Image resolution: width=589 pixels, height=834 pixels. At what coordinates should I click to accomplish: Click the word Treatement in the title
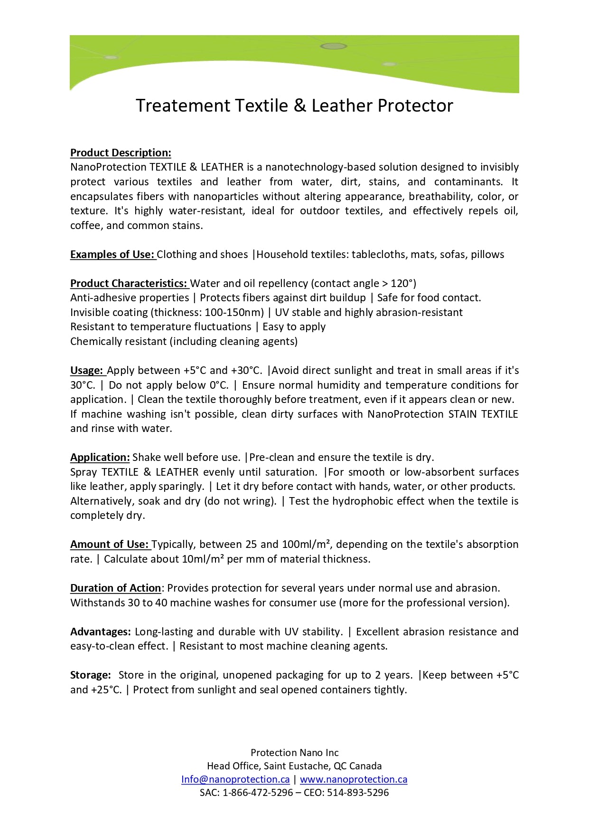click(183, 105)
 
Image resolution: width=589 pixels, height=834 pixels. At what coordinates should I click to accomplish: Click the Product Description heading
click(121, 153)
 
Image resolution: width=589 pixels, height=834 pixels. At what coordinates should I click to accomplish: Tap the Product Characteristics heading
click(129, 283)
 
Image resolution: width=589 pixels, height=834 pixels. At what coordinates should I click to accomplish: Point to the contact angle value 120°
click(403, 283)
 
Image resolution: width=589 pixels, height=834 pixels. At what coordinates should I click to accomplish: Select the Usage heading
click(87, 370)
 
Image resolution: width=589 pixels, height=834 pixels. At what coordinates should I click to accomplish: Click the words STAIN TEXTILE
click(483, 414)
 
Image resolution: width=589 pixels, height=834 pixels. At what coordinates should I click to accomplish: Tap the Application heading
click(100, 457)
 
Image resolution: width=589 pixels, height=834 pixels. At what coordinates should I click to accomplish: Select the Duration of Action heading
click(116, 588)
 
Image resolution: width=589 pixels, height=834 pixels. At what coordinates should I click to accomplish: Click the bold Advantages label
click(100, 632)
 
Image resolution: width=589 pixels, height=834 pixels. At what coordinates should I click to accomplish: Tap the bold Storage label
click(90, 675)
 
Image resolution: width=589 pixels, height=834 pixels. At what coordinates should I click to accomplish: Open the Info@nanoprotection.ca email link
click(235, 779)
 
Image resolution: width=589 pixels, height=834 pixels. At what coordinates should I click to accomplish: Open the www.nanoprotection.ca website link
click(354, 779)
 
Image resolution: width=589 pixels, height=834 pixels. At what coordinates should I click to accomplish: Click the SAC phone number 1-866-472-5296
click(258, 793)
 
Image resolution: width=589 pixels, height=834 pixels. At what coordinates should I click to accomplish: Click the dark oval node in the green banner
click(333, 46)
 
